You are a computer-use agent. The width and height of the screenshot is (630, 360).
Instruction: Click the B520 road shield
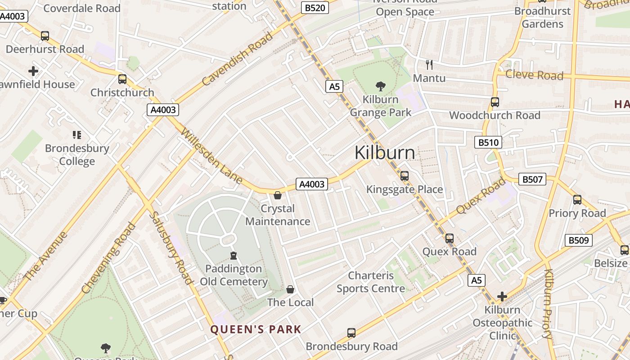(315, 8)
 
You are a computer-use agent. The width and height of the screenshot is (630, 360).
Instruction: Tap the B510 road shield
(488, 143)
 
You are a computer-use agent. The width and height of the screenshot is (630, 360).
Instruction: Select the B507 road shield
(532, 179)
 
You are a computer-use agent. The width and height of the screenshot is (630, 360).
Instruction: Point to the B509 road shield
(578, 240)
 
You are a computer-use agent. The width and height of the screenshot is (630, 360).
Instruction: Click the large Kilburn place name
(385, 153)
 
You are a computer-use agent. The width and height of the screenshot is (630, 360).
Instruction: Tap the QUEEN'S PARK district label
(256, 329)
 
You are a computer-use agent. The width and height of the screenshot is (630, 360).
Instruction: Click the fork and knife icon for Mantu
(429, 64)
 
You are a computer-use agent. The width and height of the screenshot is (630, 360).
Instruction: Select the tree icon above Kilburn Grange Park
(381, 86)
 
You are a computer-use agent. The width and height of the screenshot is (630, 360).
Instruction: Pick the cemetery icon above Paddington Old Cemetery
(233, 256)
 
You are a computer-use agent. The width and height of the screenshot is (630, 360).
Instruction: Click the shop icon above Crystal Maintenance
(278, 195)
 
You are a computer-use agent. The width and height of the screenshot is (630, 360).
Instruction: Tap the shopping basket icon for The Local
(290, 289)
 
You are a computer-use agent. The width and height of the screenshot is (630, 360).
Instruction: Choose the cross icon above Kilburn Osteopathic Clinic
(502, 297)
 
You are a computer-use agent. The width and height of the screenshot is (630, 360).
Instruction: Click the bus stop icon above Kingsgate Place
(405, 176)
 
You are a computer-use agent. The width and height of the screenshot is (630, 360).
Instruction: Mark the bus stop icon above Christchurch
(122, 79)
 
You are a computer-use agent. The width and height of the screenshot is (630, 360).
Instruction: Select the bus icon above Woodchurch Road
(495, 102)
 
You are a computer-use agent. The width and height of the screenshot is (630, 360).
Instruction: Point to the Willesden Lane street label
(211, 156)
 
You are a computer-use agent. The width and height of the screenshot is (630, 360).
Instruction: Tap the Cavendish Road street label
(237, 59)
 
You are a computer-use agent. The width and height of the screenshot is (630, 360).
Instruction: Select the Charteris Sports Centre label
(371, 282)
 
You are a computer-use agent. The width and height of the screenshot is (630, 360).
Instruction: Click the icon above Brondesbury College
(77, 135)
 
